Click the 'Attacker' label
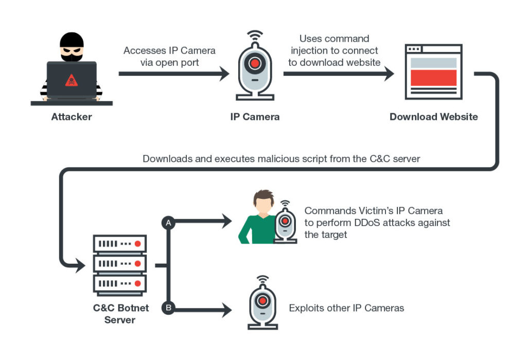tap(72, 117)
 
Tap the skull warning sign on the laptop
tap(72, 80)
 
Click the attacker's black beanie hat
tap(71, 40)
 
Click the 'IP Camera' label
tap(255, 117)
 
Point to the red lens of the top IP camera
tap(254, 63)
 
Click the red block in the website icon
tap(433, 77)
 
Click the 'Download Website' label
tap(433, 117)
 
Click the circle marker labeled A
tap(167, 222)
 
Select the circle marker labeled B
tap(167, 308)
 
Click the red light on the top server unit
tap(137, 243)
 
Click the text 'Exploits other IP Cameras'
tap(346, 308)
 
